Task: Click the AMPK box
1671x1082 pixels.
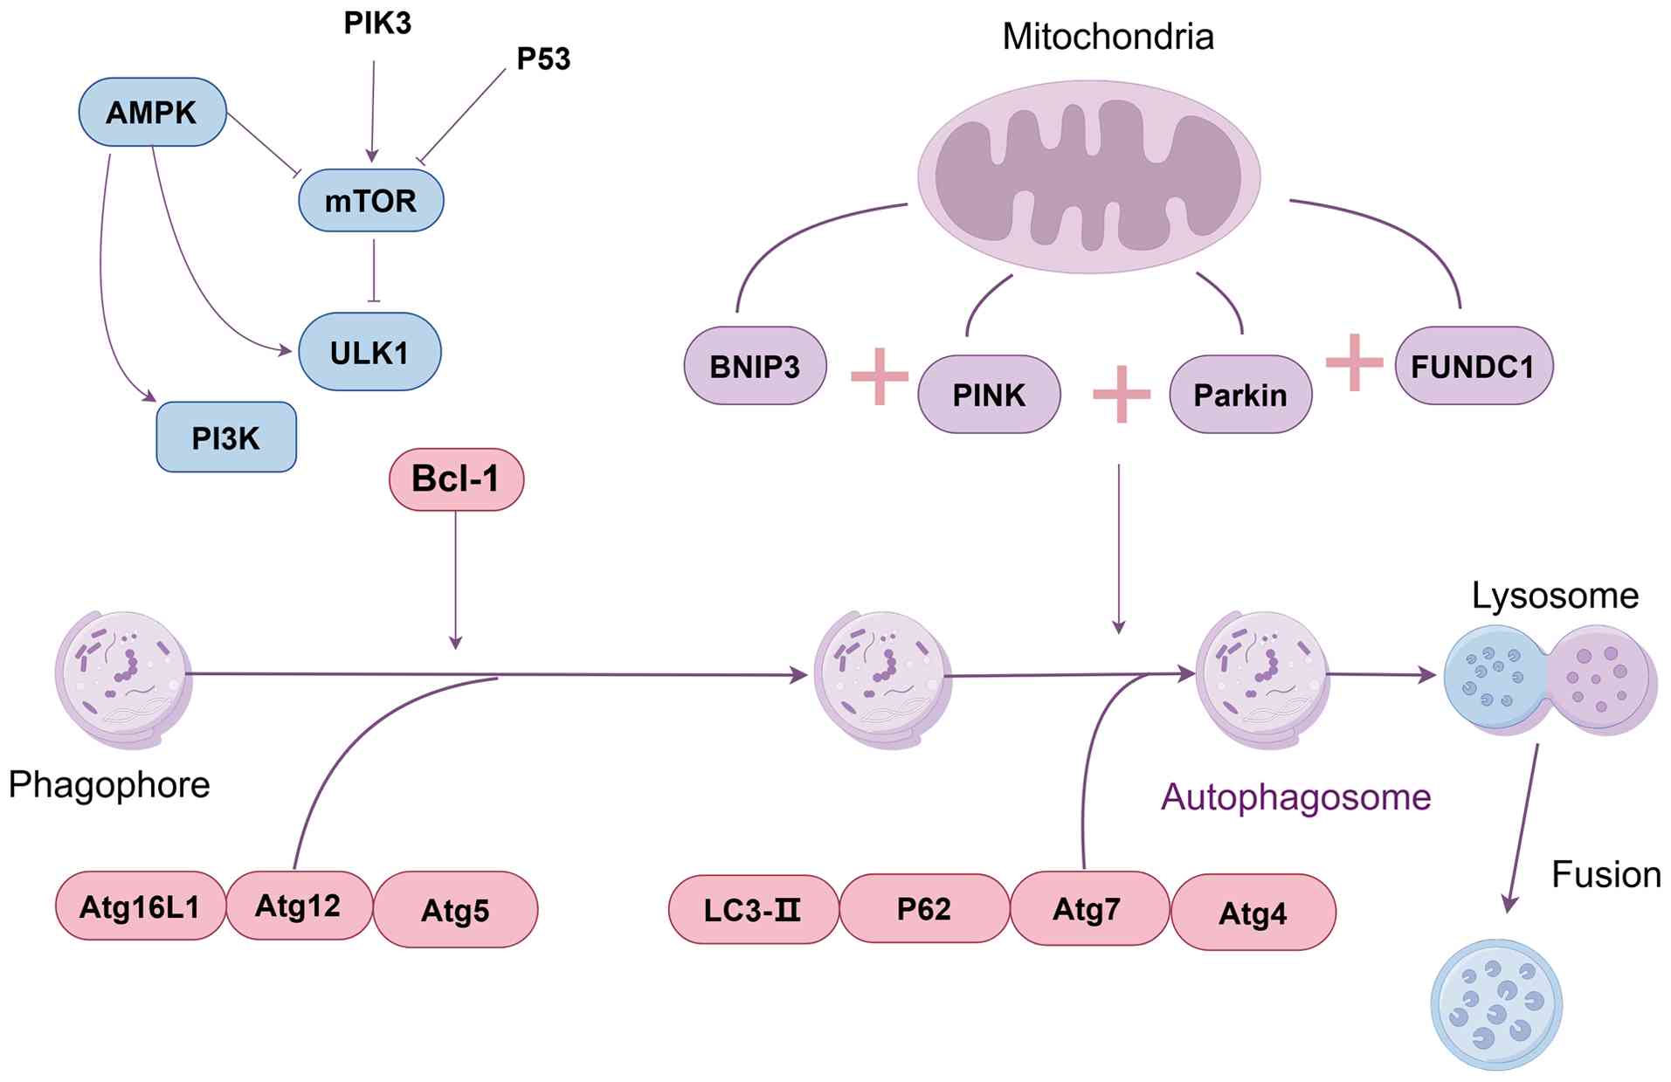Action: (x=152, y=112)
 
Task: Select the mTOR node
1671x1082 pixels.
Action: (x=370, y=201)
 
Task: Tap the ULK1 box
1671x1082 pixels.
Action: (x=369, y=352)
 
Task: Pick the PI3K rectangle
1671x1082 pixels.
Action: (x=225, y=438)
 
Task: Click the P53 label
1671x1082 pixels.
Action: (x=543, y=59)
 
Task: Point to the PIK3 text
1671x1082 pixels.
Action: (x=377, y=24)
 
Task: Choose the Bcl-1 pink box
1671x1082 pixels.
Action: (x=456, y=479)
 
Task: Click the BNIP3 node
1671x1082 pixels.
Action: (x=755, y=366)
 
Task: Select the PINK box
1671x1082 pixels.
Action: (x=989, y=395)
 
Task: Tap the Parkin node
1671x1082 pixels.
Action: (x=1240, y=395)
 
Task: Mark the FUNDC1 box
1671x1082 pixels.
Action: (x=1473, y=366)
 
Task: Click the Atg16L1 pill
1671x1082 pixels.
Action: (x=140, y=906)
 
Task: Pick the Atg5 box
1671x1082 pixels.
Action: (x=455, y=910)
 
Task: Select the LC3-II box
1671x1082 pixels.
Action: (x=753, y=910)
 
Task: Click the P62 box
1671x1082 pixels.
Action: (x=923, y=908)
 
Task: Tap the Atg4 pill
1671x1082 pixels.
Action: (x=1253, y=913)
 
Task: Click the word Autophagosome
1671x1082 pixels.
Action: (x=1295, y=796)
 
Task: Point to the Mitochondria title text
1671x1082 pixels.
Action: (x=1108, y=37)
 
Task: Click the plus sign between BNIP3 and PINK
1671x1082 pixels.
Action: (x=880, y=376)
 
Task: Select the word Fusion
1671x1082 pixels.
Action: (x=1605, y=874)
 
